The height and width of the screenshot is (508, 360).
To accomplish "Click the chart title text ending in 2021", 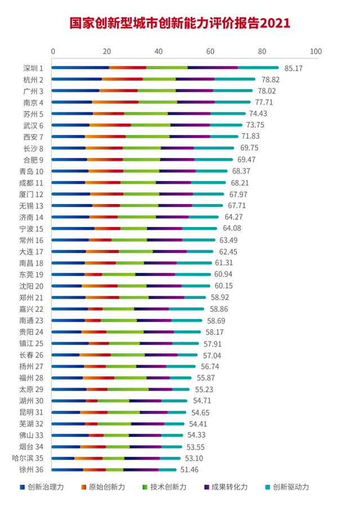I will tap(180, 23).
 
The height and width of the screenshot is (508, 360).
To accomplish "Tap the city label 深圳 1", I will tap(34, 68).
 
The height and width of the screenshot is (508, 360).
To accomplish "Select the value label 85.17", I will tap(294, 68).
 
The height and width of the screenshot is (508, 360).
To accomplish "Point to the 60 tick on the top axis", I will tap(210, 51).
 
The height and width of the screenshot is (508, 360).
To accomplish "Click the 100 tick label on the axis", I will tap(316, 51).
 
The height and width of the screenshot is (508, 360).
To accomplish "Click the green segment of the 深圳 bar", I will tap(167, 68).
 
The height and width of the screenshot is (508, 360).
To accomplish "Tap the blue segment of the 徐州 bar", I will tap(67, 470).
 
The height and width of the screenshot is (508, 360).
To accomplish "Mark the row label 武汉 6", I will tap(34, 125).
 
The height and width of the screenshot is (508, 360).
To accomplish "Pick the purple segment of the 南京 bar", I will tap(196, 102).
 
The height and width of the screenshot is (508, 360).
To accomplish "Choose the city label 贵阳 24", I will tap(33, 332).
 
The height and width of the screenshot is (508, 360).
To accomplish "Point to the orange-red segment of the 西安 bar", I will tap(105, 137).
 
